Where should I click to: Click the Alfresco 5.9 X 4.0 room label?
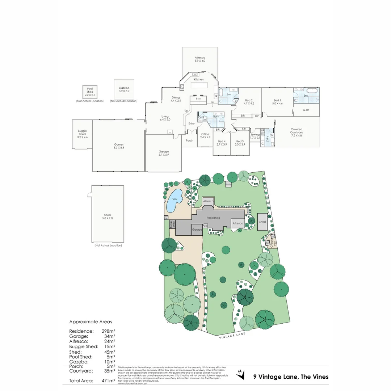[200, 59]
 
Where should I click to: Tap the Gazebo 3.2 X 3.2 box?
[124, 89]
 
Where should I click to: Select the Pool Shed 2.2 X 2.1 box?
[90, 92]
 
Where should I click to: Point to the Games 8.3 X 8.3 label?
[119, 146]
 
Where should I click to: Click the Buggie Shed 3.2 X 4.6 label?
[83, 134]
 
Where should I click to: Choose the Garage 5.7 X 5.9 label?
[164, 153]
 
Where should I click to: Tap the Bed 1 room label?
[277, 102]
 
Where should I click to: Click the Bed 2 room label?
[249, 102]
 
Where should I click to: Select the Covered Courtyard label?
[297, 131]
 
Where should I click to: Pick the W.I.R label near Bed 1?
[306, 110]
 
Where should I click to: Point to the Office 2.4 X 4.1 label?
[205, 136]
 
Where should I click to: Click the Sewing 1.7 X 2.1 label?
[255, 136]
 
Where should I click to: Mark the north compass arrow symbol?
[240, 374]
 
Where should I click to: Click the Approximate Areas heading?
[91, 321]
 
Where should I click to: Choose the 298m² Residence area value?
[109, 331]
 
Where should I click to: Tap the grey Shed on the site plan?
[262, 222]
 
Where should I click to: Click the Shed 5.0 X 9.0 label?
[108, 217]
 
